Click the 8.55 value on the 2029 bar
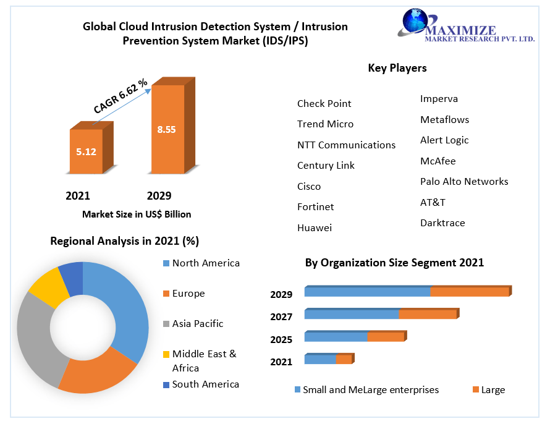(x=166, y=130)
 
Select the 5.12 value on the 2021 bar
(x=86, y=151)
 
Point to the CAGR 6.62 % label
(x=121, y=96)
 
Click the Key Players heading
(x=397, y=68)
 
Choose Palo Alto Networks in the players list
(x=464, y=182)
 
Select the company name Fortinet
(x=316, y=207)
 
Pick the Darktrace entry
(x=442, y=223)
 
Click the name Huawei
(x=314, y=228)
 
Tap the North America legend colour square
(x=165, y=263)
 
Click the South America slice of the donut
(x=72, y=278)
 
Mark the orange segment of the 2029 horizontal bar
(x=470, y=292)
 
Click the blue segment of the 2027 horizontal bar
(x=352, y=315)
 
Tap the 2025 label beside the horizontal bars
(x=281, y=340)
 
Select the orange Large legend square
(x=476, y=390)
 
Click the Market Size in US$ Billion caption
(x=137, y=214)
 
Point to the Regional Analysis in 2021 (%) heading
(x=124, y=241)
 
